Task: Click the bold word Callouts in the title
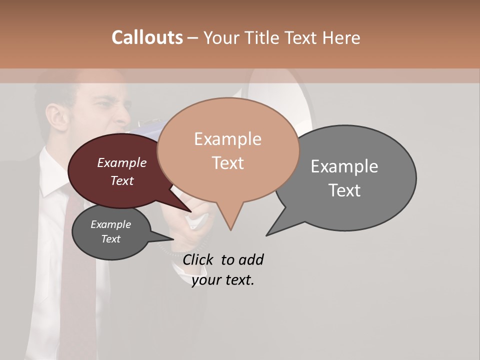coord(147,37)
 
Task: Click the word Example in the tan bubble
coord(227,139)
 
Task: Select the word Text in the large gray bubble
coord(344,190)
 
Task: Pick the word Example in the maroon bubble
coord(122,162)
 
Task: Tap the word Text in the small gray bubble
coord(111,239)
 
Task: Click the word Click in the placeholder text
coord(199,259)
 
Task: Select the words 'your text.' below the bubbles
coord(223,280)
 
